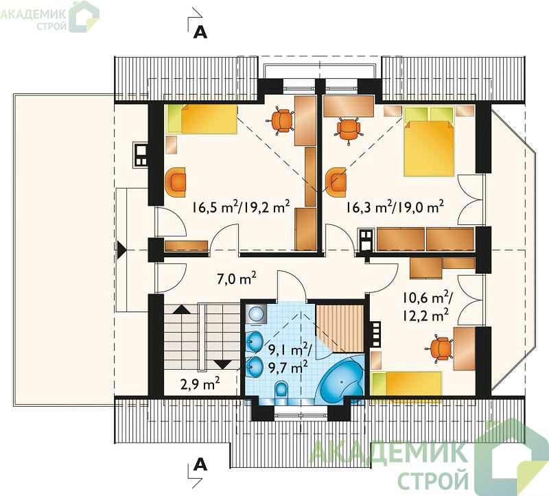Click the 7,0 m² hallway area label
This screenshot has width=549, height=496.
coord(237,279)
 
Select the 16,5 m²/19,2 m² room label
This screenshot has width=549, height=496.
coord(241,207)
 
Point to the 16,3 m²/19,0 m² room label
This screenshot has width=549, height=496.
coord(395,207)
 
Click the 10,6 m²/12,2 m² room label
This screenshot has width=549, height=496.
coord(427,307)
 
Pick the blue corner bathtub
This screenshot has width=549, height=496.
coord(340,379)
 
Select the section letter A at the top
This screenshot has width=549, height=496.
coord(200,32)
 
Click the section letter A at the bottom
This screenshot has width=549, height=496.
coord(200,465)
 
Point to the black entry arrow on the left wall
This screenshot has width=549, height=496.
coord(121,250)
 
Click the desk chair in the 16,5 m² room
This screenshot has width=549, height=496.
coord(281,121)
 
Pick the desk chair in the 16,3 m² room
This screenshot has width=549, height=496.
coord(348,130)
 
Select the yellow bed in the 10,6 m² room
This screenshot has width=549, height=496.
coord(406,383)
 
